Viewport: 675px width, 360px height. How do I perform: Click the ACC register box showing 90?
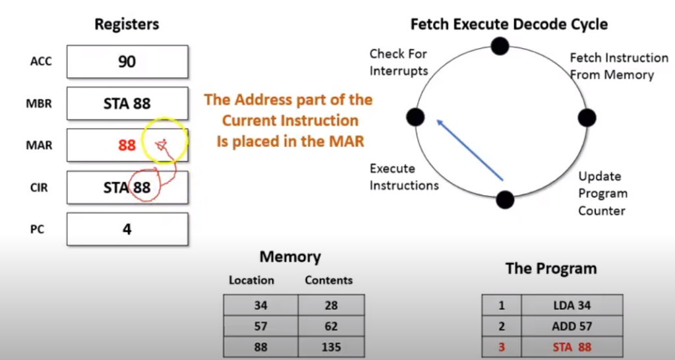(127, 62)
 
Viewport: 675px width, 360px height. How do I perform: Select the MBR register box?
(127, 104)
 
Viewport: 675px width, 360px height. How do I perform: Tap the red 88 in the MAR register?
(127, 145)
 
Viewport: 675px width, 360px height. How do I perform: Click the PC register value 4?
(127, 229)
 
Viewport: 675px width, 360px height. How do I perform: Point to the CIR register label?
(40, 188)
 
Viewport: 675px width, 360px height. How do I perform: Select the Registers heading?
(127, 25)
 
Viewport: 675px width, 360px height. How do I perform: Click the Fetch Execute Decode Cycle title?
(509, 25)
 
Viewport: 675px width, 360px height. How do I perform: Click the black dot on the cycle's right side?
(587, 118)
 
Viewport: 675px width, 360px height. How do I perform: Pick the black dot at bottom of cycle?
(505, 199)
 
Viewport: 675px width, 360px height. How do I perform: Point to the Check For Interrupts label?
(398, 62)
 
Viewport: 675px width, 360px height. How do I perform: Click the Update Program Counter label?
(602, 193)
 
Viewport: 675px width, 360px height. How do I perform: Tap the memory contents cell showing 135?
(331, 347)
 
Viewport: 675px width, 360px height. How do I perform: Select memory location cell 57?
(260, 326)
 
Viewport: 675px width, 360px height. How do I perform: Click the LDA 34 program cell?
(572, 305)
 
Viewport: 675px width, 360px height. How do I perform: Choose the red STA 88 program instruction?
(572, 347)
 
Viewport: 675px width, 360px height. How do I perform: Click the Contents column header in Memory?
(328, 280)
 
